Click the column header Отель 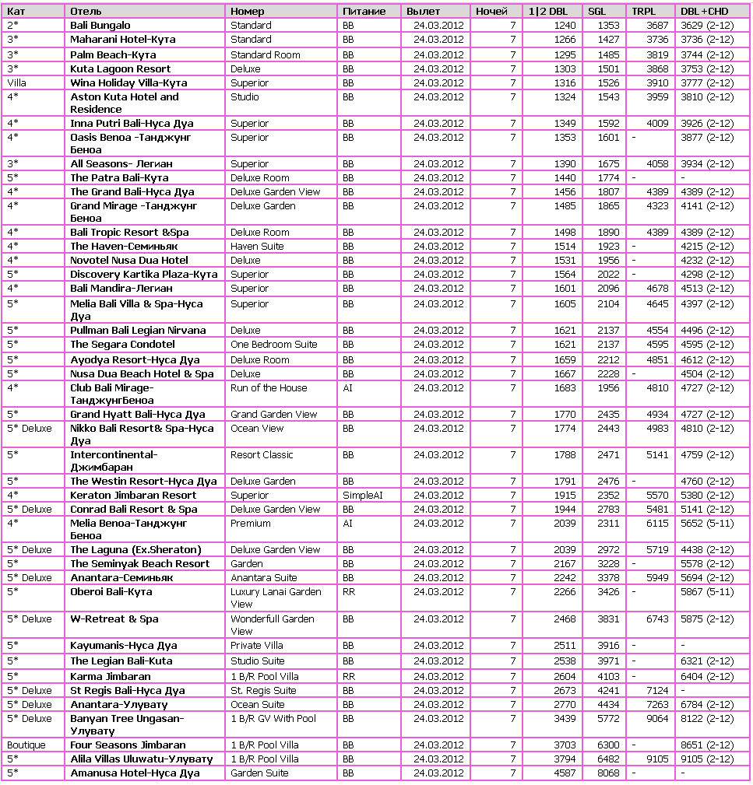pyautogui.click(x=86, y=12)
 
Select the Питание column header pyautogui.click(x=359, y=12)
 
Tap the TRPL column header pyautogui.click(x=644, y=12)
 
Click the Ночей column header pyautogui.click(x=491, y=12)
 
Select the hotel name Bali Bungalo pyautogui.click(x=100, y=26)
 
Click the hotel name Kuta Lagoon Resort pyautogui.click(x=120, y=69)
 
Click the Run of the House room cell pyautogui.click(x=269, y=388)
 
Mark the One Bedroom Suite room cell pyautogui.click(x=273, y=345)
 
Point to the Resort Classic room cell pyautogui.click(x=262, y=455)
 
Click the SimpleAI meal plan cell pyautogui.click(x=363, y=496)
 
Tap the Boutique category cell pyautogui.click(x=26, y=745)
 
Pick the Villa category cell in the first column pyautogui.click(x=16, y=83)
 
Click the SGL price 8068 pyautogui.click(x=607, y=773)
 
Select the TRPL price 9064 pyautogui.click(x=656, y=719)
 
